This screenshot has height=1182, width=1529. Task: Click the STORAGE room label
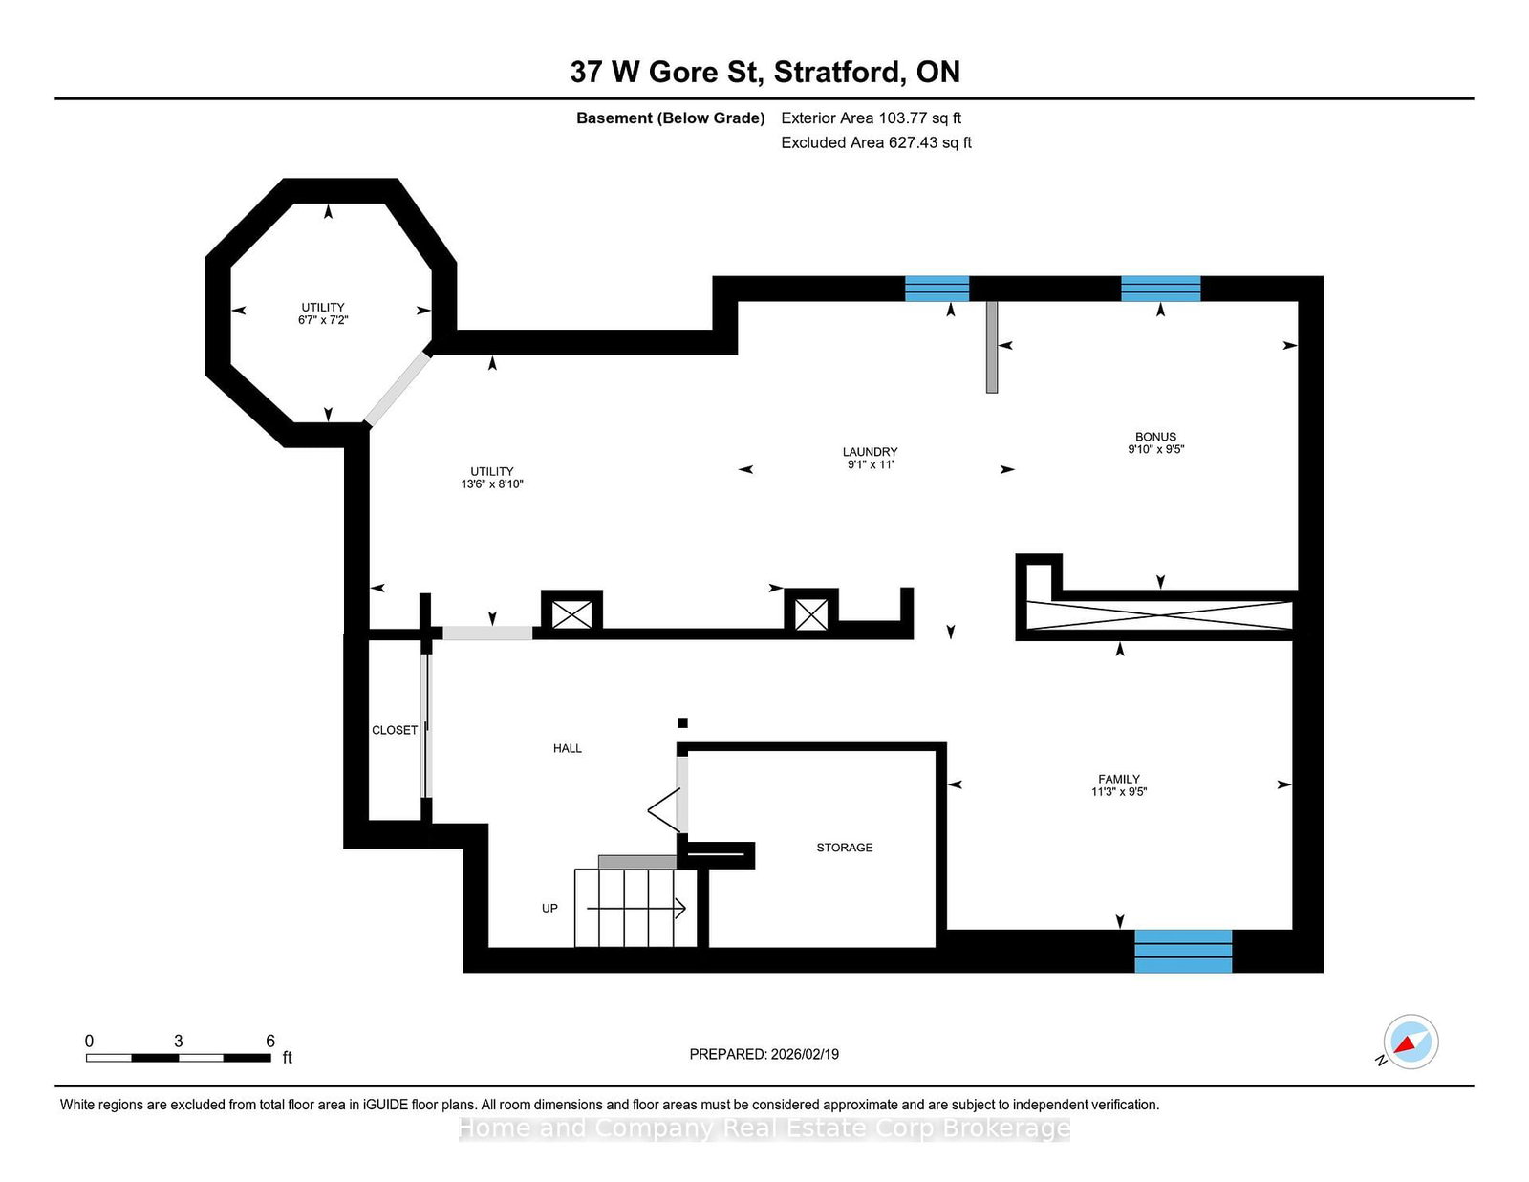click(x=844, y=848)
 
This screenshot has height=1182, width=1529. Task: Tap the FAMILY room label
click(x=1119, y=779)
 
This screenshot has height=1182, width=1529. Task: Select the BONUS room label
click(x=1155, y=437)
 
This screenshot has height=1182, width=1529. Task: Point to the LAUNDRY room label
click(x=871, y=452)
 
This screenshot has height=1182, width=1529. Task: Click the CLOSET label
click(x=395, y=730)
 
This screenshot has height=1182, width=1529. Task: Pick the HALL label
click(x=567, y=748)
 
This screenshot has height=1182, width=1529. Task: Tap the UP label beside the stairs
click(x=549, y=909)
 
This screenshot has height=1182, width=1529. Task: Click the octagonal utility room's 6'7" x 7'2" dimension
click(x=323, y=320)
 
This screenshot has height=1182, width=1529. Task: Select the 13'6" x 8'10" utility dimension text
click(x=492, y=484)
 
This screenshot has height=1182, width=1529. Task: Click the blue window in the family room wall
click(x=1183, y=951)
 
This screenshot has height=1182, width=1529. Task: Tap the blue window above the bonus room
click(x=1160, y=289)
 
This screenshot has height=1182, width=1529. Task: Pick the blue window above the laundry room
click(x=937, y=289)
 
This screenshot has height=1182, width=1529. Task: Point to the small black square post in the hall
click(x=681, y=722)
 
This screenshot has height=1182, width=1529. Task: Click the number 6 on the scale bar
click(x=270, y=1041)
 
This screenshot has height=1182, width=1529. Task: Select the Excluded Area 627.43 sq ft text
click(x=876, y=142)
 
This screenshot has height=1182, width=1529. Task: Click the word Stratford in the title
click(x=836, y=72)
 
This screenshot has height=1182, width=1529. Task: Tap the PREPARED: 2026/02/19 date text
click(x=764, y=1054)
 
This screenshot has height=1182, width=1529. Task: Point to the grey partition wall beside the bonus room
click(x=991, y=347)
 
